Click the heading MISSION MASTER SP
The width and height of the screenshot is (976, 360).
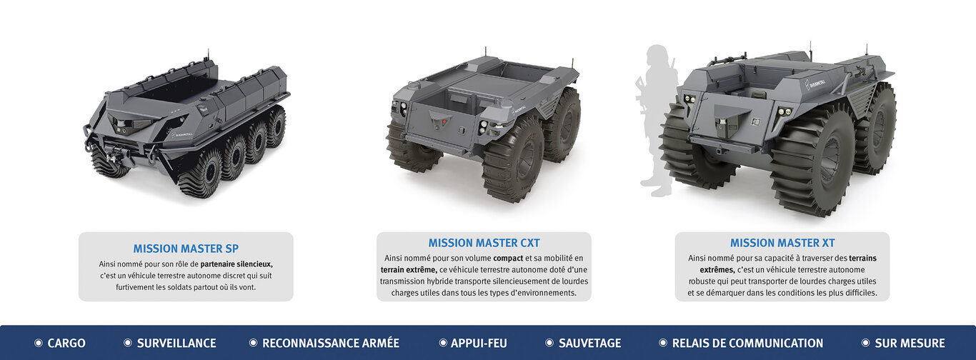[x=186, y=249]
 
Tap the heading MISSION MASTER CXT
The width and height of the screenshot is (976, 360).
[x=484, y=243]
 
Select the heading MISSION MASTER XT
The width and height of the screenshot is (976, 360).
[x=782, y=243]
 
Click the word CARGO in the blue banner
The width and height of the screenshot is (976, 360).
[x=66, y=343]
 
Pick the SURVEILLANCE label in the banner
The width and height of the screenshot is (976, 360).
[x=176, y=343]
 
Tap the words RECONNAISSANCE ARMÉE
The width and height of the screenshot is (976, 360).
[x=331, y=343]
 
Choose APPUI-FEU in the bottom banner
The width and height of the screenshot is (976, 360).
[x=479, y=343]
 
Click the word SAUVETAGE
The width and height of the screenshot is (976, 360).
[x=590, y=343]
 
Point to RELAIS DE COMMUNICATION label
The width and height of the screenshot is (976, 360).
[x=747, y=343]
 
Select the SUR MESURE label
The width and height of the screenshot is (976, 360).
[x=910, y=343]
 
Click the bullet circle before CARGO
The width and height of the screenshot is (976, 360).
[x=39, y=343]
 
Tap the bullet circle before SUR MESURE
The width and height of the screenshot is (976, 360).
[x=866, y=343]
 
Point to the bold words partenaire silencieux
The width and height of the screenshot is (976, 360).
[x=236, y=264]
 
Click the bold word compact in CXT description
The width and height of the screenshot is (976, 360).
[x=508, y=259]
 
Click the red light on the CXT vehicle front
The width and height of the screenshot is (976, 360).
[x=444, y=121]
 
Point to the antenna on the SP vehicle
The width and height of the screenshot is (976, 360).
[x=208, y=55]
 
